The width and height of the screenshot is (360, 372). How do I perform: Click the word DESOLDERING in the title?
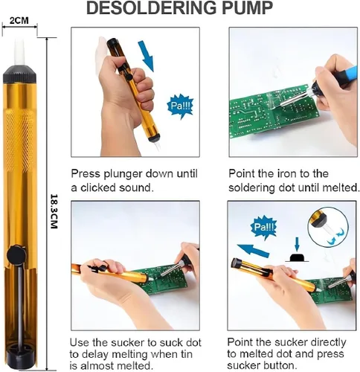[x=152, y=7]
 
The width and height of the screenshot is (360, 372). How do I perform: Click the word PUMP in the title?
[x=248, y=7]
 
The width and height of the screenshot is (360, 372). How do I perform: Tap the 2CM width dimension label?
[x=19, y=21]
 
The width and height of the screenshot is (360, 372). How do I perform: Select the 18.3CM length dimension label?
[x=54, y=211]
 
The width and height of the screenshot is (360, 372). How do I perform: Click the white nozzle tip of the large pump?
[x=20, y=53]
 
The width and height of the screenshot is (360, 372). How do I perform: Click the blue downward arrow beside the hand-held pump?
[x=147, y=56]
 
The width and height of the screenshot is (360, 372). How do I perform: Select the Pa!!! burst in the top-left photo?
[x=181, y=106]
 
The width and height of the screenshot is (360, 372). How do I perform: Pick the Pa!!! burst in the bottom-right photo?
[x=263, y=227]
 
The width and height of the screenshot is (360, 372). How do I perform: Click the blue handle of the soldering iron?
[x=346, y=74]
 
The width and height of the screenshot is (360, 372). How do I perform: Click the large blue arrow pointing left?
[x=253, y=251]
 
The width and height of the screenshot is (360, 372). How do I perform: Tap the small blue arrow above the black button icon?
[x=297, y=245]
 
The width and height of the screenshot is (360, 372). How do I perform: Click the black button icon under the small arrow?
[x=297, y=258]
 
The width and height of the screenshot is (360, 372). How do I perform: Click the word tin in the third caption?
[x=185, y=354]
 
